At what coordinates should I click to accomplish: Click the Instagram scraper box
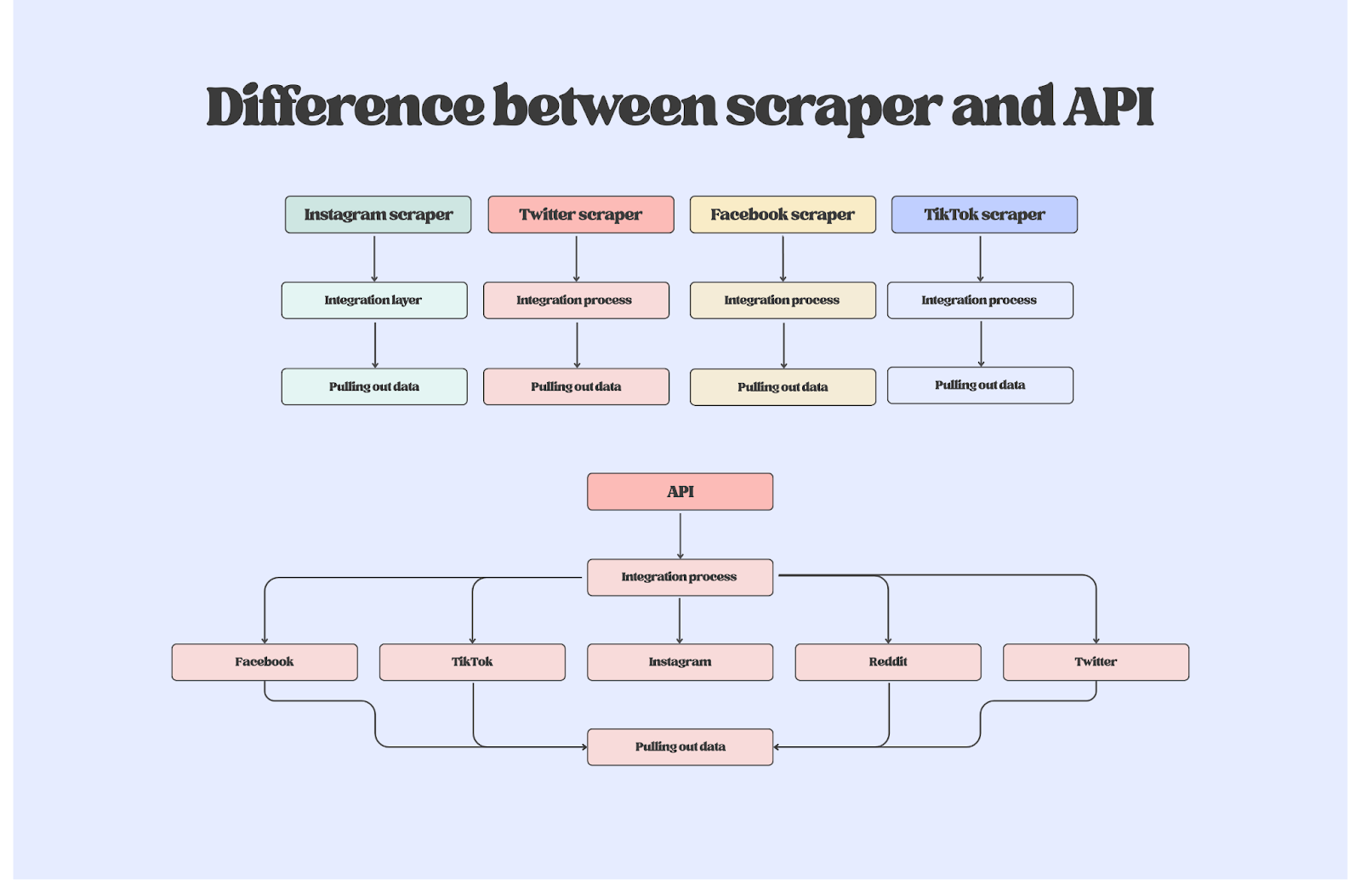click(x=378, y=214)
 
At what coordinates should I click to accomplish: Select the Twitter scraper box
click(x=580, y=214)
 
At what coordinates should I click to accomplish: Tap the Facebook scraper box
click(x=783, y=214)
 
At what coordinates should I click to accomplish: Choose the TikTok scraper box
click(x=984, y=214)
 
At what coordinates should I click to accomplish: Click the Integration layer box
click(x=374, y=300)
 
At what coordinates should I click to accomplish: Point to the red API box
click(x=680, y=492)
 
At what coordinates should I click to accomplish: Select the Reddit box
click(x=888, y=662)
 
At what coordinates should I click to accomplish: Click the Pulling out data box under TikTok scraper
click(x=980, y=386)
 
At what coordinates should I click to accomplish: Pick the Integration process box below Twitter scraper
click(x=576, y=300)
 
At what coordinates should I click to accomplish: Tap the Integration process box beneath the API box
click(x=680, y=577)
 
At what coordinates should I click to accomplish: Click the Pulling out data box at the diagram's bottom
click(x=680, y=747)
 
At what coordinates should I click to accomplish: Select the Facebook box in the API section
click(x=265, y=662)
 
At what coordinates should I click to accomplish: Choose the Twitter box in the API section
click(x=1096, y=662)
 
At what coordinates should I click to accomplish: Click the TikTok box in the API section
click(x=472, y=662)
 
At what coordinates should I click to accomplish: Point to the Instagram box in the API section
click(x=680, y=662)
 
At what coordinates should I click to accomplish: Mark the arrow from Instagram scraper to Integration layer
click(x=374, y=258)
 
